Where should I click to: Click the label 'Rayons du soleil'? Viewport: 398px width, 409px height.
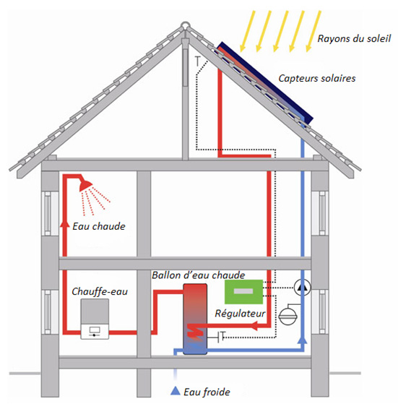[x=354, y=38]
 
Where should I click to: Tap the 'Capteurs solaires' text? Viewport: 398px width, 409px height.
[x=317, y=78]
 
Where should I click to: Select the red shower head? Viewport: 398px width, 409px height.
[x=85, y=185]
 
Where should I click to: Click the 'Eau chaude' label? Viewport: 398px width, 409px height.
[x=99, y=226]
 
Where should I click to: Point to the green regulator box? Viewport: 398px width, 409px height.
[x=243, y=292]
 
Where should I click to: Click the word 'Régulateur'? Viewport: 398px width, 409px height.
[x=240, y=314]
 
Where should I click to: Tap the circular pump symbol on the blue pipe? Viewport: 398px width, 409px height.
[x=302, y=288]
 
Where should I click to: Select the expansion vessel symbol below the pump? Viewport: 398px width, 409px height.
[x=288, y=316]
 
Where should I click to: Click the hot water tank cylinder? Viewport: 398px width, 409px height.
[x=195, y=319]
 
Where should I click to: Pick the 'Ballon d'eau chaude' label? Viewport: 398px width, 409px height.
[x=199, y=275]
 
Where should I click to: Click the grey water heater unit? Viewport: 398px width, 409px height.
[x=95, y=319]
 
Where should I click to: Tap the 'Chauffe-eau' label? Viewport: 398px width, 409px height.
[x=100, y=291]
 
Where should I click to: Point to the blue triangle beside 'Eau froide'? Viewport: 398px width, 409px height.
[x=176, y=390]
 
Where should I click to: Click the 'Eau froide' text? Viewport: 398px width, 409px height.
[x=207, y=392]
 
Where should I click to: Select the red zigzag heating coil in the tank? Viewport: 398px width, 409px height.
[x=195, y=332]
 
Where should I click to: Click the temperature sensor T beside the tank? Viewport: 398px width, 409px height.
[x=222, y=336]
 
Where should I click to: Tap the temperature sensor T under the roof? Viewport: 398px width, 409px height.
[x=198, y=61]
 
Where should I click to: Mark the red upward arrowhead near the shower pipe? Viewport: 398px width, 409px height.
[x=65, y=223]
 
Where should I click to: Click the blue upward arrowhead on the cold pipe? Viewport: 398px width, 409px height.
[x=302, y=340]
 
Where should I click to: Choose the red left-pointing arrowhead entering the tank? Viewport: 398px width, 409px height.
[x=254, y=325]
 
